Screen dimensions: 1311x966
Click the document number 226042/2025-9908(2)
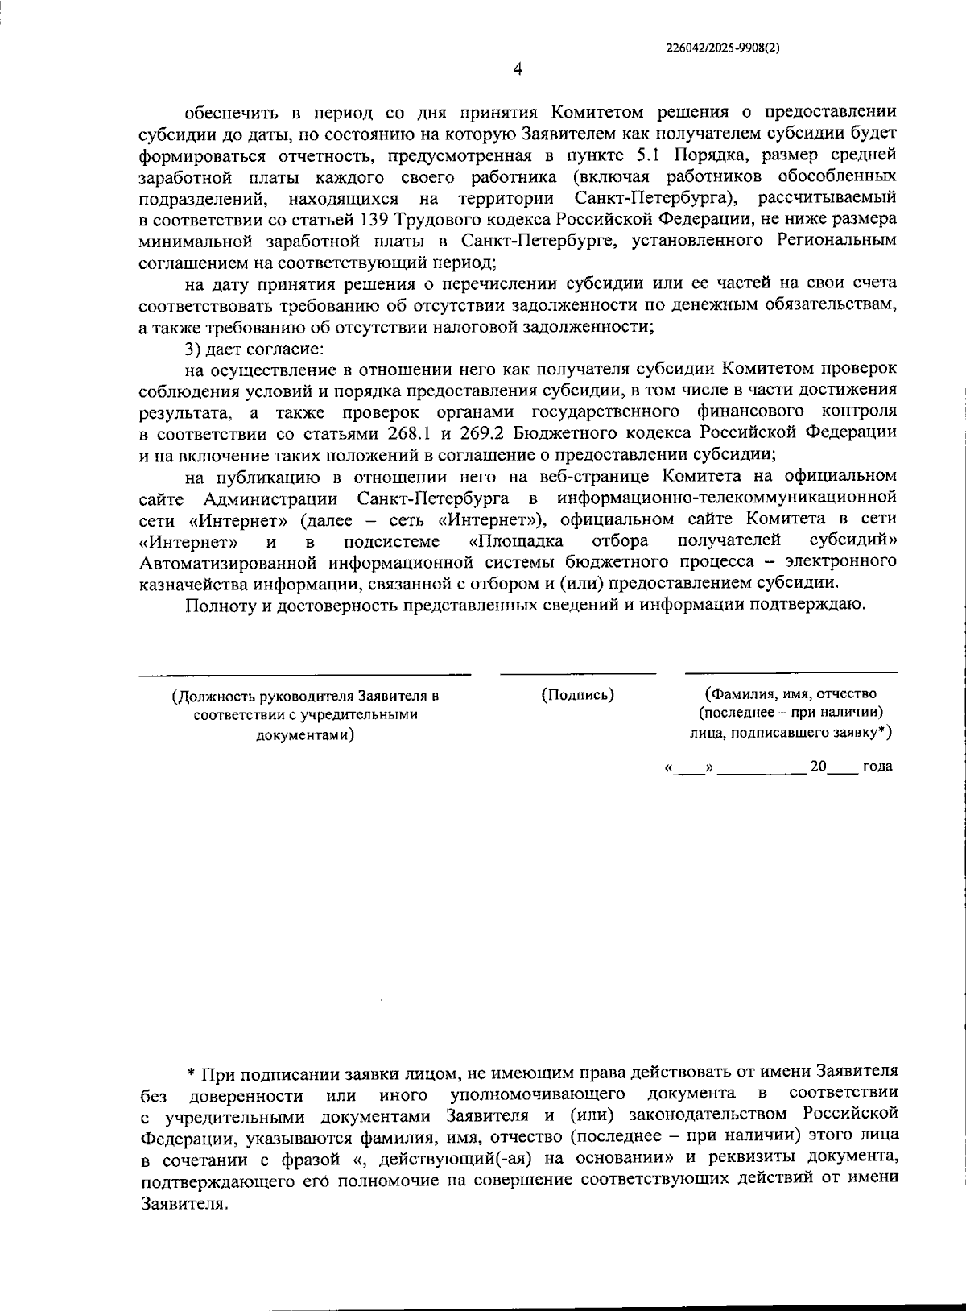click(723, 48)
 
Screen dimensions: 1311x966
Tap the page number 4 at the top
click(518, 69)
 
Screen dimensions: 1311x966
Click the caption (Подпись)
click(578, 694)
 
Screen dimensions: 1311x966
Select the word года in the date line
click(877, 767)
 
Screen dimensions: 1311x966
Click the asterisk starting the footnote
click(191, 1073)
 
